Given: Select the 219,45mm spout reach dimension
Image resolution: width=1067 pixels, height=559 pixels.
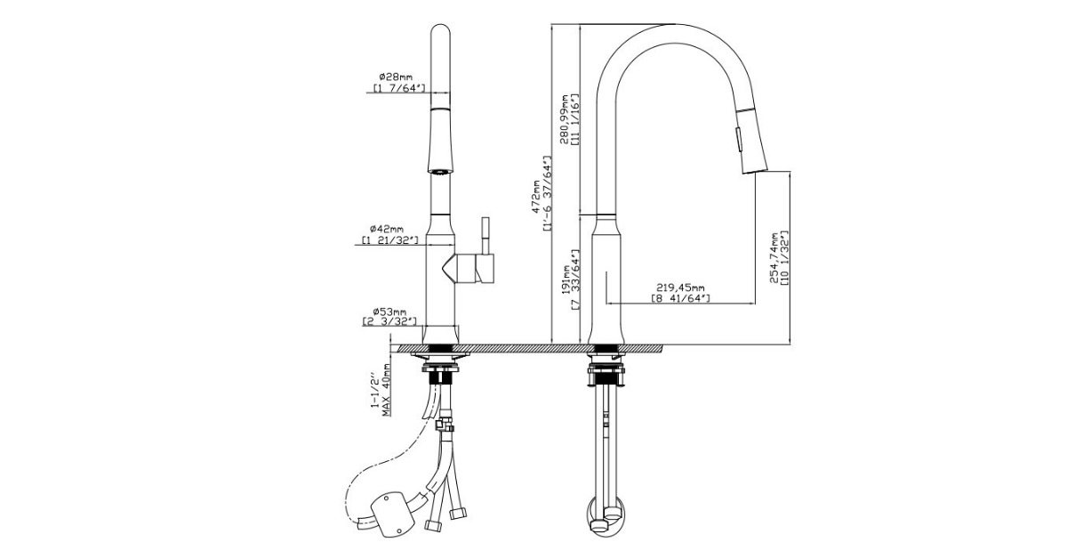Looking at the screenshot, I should pyautogui.click(x=680, y=288).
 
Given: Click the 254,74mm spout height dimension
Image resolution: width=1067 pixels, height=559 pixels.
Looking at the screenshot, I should pyautogui.click(x=774, y=258).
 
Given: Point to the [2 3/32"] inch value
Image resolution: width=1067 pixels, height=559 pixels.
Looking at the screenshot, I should pyautogui.click(x=390, y=321).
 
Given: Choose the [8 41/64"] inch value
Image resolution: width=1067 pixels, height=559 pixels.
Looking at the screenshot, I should pyautogui.click(x=680, y=299).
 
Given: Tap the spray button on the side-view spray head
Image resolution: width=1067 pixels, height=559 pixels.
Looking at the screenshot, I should pyautogui.click(x=735, y=138).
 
